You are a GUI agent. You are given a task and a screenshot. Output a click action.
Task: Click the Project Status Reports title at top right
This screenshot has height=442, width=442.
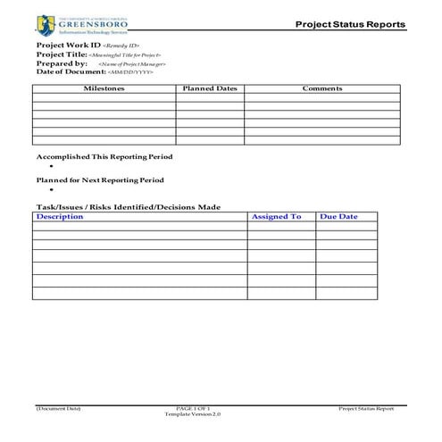[x=350, y=24]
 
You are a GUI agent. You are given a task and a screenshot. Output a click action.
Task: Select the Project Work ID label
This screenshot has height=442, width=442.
[x=68, y=45]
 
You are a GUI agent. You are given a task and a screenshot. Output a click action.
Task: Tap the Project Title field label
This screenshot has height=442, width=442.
[x=61, y=54]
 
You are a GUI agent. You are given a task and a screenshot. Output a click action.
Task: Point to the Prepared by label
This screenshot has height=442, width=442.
[x=62, y=63]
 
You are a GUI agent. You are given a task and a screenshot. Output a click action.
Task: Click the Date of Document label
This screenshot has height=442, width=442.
[x=71, y=71]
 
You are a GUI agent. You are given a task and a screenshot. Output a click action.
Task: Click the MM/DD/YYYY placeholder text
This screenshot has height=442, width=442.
[x=130, y=72]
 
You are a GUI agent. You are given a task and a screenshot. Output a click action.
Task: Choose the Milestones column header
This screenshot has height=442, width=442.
[x=104, y=89]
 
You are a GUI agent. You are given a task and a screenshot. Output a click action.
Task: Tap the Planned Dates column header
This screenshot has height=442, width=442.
[x=209, y=89]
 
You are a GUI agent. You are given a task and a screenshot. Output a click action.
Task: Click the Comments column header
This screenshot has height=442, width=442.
[x=322, y=89]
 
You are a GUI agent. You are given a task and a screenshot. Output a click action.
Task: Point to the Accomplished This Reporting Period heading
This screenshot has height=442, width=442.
[x=104, y=156]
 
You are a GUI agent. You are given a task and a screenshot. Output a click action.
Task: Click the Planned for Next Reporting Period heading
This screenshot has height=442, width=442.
[x=100, y=179]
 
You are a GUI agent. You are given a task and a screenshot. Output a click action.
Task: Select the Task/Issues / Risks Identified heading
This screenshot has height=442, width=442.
[x=128, y=207]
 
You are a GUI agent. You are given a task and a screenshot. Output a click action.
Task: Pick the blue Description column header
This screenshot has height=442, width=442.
[x=60, y=217]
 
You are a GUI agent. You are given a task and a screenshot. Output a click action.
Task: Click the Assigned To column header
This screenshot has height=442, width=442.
[x=276, y=217]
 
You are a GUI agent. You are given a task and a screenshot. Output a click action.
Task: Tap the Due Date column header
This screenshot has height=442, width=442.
[x=338, y=217]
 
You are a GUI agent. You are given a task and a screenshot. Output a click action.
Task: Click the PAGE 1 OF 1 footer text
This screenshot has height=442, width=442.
[x=193, y=408]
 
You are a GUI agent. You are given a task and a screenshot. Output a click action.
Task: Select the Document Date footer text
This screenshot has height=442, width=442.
[x=58, y=408]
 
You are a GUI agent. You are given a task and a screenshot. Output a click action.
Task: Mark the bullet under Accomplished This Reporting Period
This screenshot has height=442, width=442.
[x=52, y=167]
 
